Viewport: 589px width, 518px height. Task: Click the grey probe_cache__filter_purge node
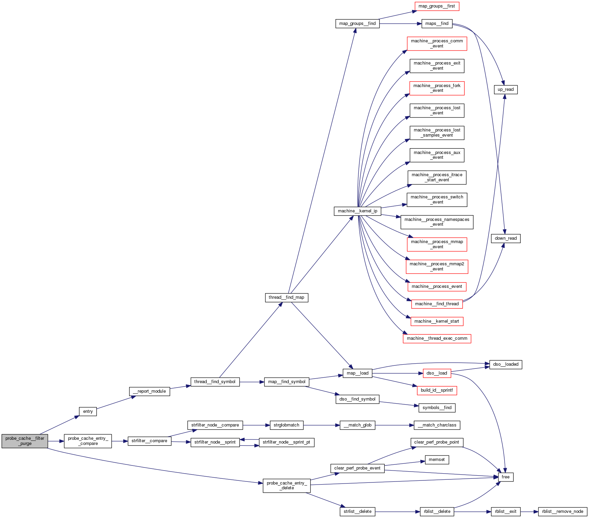click(x=25, y=441)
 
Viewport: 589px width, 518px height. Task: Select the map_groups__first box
click(x=437, y=6)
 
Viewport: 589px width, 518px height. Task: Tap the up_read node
click(x=506, y=89)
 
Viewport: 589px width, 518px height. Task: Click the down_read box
click(x=506, y=238)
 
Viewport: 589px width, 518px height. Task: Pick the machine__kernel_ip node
click(x=357, y=211)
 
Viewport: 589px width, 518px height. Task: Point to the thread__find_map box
click(x=286, y=297)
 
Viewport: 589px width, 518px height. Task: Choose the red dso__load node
click(x=437, y=373)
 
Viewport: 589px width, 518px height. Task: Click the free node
click(x=506, y=477)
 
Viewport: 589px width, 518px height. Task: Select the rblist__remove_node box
click(x=562, y=512)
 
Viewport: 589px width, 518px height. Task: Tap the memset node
click(x=437, y=460)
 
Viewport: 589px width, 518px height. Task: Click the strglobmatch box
click(x=286, y=425)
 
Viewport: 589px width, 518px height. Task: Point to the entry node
click(x=88, y=411)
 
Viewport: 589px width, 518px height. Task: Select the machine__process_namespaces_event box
click(x=437, y=222)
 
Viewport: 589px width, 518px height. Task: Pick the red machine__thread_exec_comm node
click(x=437, y=338)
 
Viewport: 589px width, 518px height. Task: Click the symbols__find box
click(x=437, y=408)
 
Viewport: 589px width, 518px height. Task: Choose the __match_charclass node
click(x=437, y=425)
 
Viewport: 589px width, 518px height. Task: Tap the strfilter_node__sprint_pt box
click(x=286, y=442)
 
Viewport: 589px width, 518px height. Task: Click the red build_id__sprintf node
click(x=437, y=390)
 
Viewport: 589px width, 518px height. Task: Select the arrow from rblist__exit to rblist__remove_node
click(x=529, y=512)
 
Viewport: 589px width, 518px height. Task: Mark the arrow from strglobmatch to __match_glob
click(x=321, y=425)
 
